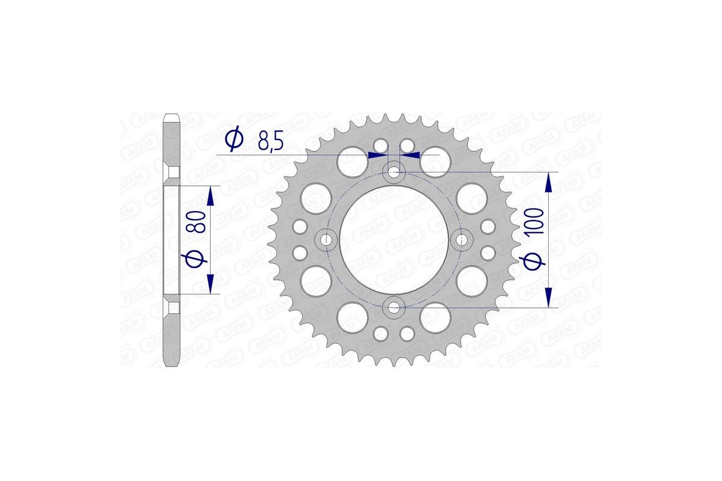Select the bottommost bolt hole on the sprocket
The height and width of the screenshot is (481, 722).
click(x=394, y=308)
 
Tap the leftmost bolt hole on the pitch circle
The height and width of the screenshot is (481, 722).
click(x=327, y=240)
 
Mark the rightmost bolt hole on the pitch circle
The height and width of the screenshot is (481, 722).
click(x=461, y=240)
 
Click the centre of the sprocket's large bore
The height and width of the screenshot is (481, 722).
click(x=394, y=240)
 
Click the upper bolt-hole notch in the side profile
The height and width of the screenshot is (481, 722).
click(x=172, y=174)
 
